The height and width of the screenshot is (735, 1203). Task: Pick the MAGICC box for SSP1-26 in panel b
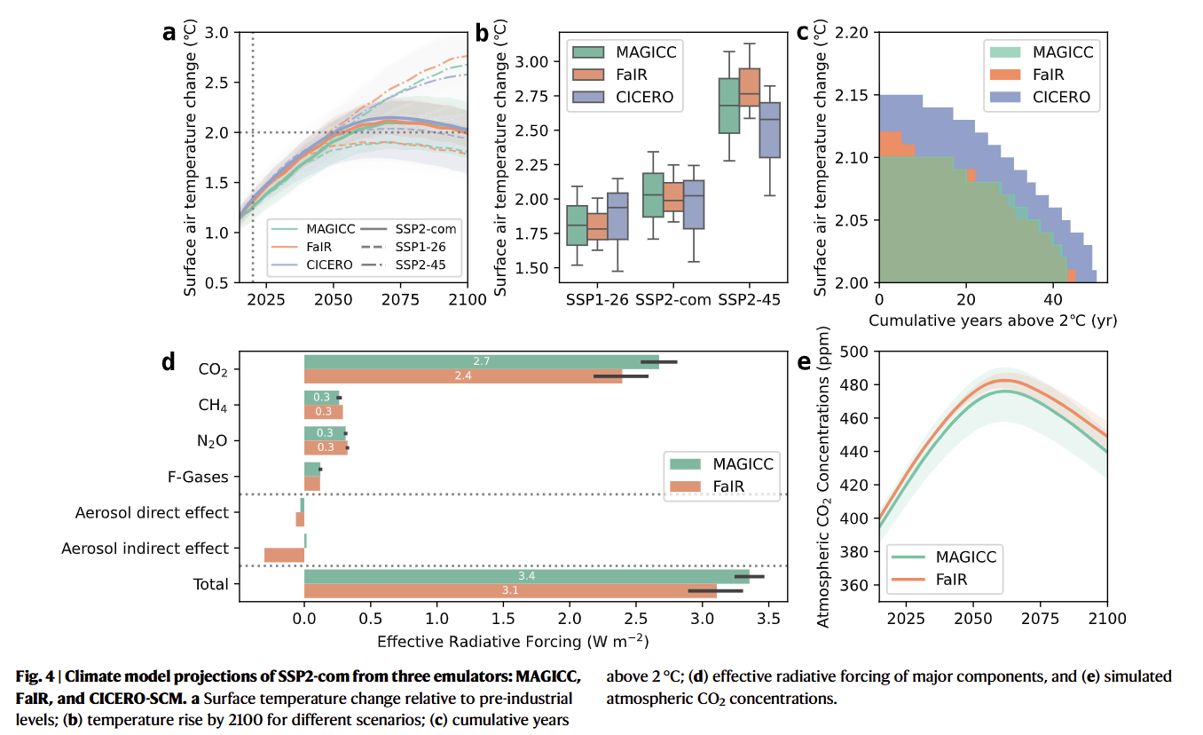(577, 225)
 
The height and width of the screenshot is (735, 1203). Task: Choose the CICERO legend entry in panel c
(1061, 98)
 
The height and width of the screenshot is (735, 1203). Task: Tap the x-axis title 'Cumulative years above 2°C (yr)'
(993, 319)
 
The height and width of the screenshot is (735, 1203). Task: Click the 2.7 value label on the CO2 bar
(483, 362)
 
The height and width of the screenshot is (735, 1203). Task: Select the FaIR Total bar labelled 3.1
(510, 590)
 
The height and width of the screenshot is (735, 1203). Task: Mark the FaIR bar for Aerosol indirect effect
(284, 556)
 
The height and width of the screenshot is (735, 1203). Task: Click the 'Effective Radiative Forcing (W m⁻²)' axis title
(513, 641)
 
